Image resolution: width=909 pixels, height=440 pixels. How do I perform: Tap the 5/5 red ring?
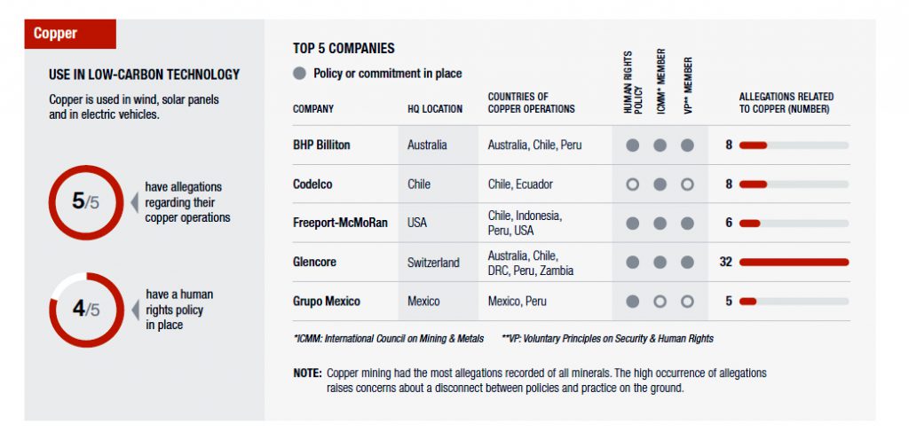click(85, 202)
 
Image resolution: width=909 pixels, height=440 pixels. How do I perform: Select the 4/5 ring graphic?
click(85, 309)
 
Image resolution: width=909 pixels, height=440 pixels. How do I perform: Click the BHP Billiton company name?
click(321, 145)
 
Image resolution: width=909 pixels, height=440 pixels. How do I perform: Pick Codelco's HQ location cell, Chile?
click(419, 185)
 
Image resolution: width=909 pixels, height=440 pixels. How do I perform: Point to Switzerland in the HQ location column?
click(433, 263)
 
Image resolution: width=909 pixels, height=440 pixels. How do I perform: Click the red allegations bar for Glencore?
click(794, 263)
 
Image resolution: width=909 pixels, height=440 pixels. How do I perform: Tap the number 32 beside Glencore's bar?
click(725, 263)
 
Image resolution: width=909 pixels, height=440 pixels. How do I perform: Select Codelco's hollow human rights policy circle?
click(632, 185)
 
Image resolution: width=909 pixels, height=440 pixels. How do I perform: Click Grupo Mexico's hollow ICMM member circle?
click(660, 302)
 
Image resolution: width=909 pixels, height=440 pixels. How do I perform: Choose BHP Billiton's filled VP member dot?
click(687, 145)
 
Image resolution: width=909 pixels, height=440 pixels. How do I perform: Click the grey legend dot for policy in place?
click(300, 74)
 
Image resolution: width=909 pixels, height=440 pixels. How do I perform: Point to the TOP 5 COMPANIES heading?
click(344, 48)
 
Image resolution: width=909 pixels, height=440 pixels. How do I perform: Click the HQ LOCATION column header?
click(435, 109)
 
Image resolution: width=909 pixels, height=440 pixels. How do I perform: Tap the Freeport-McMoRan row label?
click(340, 223)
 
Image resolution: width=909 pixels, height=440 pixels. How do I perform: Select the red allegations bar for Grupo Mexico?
click(747, 302)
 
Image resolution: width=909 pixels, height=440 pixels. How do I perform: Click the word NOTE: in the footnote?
click(307, 373)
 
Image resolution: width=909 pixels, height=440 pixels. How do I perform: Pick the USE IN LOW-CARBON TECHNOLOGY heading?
click(144, 75)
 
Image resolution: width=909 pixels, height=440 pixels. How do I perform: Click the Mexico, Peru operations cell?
click(518, 302)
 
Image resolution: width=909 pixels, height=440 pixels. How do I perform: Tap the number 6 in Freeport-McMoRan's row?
click(729, 223)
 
